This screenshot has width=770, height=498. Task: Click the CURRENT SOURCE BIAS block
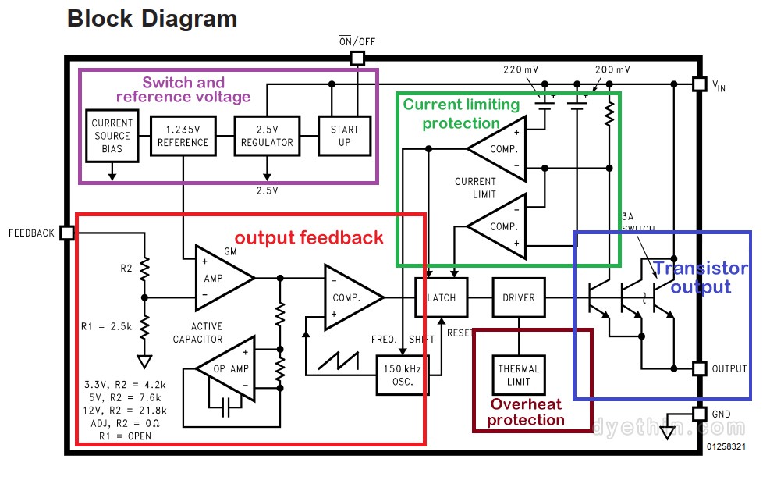point(112,136)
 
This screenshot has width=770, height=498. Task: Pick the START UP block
point(344,136)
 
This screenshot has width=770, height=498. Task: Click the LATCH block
point(441,297)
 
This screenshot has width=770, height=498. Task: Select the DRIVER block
point(518,297)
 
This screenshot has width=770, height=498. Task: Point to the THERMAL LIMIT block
point(518,375)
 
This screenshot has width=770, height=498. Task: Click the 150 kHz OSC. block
point(403,375)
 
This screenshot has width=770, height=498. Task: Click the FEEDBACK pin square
point(66,233)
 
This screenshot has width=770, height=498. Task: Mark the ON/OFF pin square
point(357,58)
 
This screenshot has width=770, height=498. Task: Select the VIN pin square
point(700,83)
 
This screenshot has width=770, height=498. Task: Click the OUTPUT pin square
point(700,368)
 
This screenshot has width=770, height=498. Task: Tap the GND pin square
point(700,414)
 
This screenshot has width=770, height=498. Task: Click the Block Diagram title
point(152,19)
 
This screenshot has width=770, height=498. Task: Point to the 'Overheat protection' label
point(527,412)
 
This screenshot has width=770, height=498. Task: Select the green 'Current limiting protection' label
point(460,113)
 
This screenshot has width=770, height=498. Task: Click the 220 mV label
point(520,69)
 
